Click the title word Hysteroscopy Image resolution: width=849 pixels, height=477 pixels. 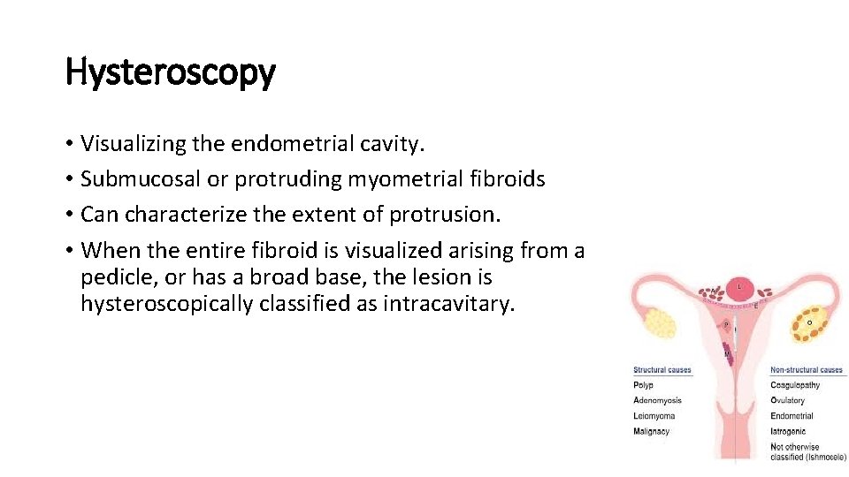tap(171, 72)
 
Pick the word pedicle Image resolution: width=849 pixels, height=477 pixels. tap(119, 277)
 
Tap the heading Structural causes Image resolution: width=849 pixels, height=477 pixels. tap(662, 370)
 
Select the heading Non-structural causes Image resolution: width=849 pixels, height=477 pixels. tap(807, 370)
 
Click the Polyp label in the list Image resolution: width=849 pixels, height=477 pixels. tap(643, 385)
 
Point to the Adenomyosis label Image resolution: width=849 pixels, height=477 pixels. tap(657, 400)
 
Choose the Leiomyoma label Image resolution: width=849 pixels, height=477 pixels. tap(654, 416)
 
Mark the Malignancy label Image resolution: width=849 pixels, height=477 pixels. tap(652, 431)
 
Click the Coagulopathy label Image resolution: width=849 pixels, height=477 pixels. tap(795, 385)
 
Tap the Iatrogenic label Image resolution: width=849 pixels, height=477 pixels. tap(788, 432)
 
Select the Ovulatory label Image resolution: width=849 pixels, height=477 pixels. tap(788, 400)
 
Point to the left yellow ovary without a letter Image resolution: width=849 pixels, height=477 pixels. tap(660, 324)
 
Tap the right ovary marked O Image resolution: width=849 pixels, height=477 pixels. tap(811, 324)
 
